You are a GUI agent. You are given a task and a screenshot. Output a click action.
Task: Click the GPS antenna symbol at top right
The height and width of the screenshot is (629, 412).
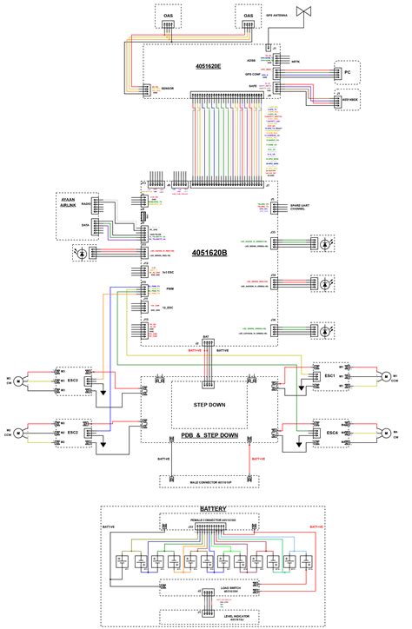coord(305,12)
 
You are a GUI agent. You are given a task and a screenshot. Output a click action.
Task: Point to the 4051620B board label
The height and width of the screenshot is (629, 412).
coord(210,253)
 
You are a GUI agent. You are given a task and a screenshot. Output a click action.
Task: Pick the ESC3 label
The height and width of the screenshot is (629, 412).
coord(73,380)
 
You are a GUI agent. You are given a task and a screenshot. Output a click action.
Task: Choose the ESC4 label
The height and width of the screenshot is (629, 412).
coord(330,432)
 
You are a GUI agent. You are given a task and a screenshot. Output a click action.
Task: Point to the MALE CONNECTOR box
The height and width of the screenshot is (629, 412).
coord(209,480)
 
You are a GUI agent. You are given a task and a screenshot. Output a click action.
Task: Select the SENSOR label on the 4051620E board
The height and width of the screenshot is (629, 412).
coord(167,89)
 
